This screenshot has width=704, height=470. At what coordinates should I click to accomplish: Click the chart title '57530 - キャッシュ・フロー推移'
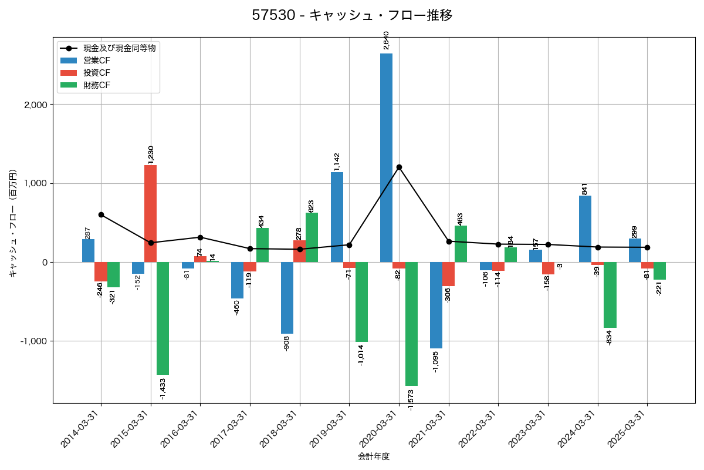click(x=352, y=15)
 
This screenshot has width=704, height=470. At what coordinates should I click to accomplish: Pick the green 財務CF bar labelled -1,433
click(x=163, y=318)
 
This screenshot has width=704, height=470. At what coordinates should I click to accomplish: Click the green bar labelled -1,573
click(x=411, y=324)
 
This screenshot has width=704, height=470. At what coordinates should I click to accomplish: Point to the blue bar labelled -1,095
click(x=436, y=305)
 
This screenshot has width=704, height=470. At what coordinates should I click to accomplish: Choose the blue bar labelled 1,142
click(x=337, y=217)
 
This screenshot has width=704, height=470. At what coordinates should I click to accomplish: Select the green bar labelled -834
click(x=610, y=294)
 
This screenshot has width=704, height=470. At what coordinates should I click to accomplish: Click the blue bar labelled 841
click(x=585, y=229)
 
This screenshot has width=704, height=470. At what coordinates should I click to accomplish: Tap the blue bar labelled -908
click(x=287, y=297)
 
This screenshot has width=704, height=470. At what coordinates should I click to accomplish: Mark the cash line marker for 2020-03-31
click(x=399, y=167)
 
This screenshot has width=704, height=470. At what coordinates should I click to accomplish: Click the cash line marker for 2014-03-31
click(x=101, y=215)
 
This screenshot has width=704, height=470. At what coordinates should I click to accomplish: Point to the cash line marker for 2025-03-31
click(x=647, y=247)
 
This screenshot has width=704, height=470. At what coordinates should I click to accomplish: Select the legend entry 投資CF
click(x=97, y=73)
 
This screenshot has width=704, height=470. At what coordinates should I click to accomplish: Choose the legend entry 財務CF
click(x=97, y=85)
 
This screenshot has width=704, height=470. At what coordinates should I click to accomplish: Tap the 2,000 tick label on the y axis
click(x=36, y=105)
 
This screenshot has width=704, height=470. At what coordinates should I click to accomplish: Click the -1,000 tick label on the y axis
click(x=34, y=341)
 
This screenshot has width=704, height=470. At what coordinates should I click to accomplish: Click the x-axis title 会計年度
click(x=374, y=456)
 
